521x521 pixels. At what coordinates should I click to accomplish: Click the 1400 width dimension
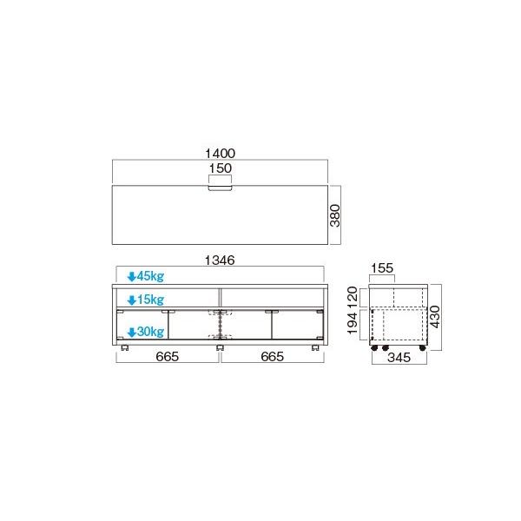click(x=220, y=152)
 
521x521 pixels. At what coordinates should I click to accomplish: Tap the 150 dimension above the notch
click(x=220, y=168)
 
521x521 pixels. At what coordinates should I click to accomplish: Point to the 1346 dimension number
click(x=220, y=259)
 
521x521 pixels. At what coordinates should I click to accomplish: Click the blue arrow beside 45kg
click(x=131, y=277)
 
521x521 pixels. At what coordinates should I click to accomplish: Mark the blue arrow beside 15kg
click(x=131, y=300)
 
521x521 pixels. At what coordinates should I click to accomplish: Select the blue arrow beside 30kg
click(x=131, y=332)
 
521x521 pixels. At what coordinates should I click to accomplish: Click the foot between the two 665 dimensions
click(x=220, y=347)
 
